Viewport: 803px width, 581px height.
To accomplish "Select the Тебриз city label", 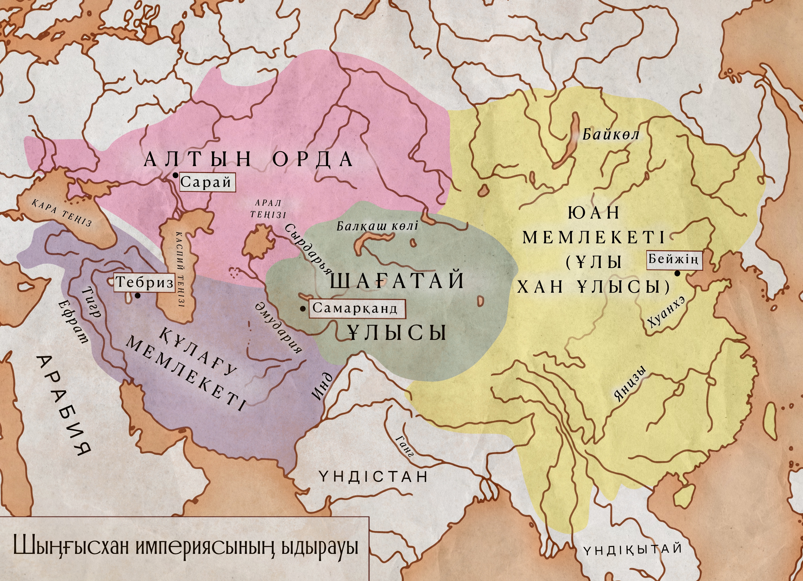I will click(x=145, y=283).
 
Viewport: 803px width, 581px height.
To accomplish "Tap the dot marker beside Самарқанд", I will click(x=303, y=309).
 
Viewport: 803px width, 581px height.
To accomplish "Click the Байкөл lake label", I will click(x=611, y=135).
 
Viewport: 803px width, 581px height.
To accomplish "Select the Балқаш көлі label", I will click(x=377, y=226).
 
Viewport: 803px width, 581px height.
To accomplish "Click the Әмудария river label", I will click(x=279, y=328).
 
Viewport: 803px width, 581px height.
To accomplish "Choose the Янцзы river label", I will click(x=630, y=384).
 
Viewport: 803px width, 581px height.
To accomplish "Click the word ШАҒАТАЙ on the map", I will click(x=397, y=281).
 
